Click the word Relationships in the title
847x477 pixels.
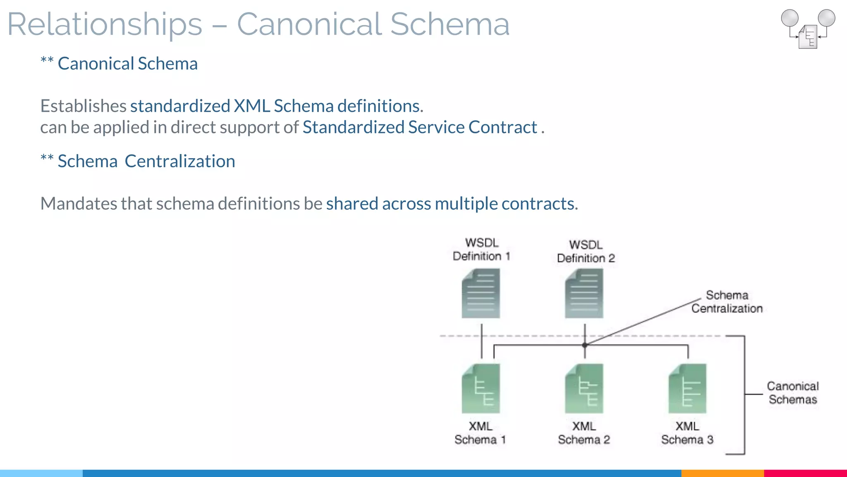pos(105,25)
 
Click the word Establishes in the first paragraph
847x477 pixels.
pos(83,106)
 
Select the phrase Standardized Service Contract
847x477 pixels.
pos(419,127)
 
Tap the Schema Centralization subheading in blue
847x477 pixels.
pos(146,161)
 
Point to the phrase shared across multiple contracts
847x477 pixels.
pos(452,204)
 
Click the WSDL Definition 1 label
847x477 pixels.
pos(481,249)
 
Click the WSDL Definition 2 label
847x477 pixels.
pos(586,251)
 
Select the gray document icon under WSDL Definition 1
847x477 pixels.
pos(481,293)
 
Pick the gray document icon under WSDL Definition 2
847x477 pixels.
pos(584,293)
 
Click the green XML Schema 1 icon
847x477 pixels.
pos(481,388)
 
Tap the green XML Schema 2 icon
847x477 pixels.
pos(584,388)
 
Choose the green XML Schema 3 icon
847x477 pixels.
pos(687,388)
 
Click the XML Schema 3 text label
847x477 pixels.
pos(687,433)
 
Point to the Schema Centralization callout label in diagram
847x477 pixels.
pos(727,302)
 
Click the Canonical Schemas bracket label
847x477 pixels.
pos(792,393)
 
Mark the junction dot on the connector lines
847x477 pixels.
pos(585,344)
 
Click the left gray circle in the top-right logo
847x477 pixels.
pos(790,18)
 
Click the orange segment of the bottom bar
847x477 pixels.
pos(722,473)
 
